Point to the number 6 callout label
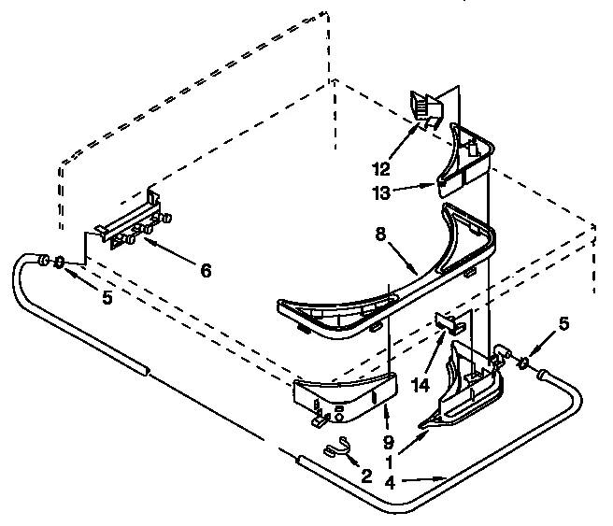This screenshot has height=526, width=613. pos(205,271)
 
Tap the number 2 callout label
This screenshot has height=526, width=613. pos(367,475)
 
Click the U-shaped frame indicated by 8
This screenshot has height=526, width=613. pos(392,280)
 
